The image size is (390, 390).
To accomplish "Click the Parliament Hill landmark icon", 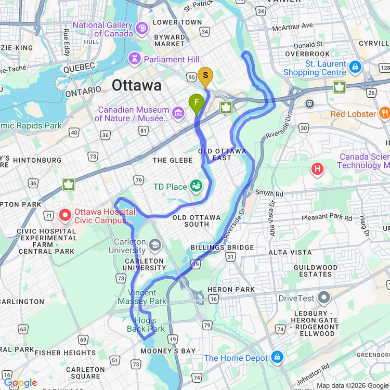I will pos(135,59).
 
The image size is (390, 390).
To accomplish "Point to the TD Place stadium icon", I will pos(196,186).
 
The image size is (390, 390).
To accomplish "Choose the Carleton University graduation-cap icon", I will pos(154,244).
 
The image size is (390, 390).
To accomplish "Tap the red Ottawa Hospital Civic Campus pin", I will pos(66,214).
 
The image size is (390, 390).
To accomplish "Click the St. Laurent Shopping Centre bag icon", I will pos(355,67).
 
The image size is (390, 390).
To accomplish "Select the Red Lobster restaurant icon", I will pos(384,113).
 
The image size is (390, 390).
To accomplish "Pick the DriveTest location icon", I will pos(324,298).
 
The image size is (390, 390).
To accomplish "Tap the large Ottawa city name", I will pos(137,85).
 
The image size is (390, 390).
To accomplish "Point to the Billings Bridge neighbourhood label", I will pos(222,248).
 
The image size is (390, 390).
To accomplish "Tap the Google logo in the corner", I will pos(20,383).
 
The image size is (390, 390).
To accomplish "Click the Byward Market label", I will pos(170,41).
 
